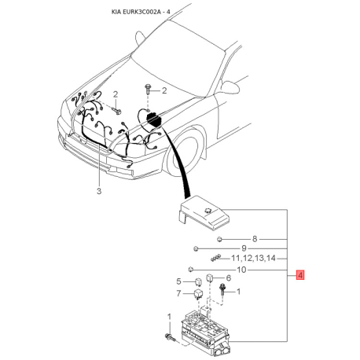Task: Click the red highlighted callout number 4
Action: [x=300, y=275]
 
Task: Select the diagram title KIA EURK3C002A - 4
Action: [x=141, y=12]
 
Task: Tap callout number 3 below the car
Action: [x=99, y=191]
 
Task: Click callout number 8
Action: [x=255, y=239]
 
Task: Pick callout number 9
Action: [x=244, y=248]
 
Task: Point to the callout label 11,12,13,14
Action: [x=253, y=259]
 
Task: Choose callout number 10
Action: [x=241, y=270]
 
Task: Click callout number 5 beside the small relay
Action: [x=178, y=281]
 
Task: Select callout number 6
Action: [x=228, y=277]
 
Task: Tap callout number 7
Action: [x=178, y=293]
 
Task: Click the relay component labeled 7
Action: [x=198, y=295]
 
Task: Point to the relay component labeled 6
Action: [x=210, y=277]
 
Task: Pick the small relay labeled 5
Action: [x=198, y=282]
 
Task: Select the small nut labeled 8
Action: [x=219, y=239]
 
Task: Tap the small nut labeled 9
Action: [x=196, y=248]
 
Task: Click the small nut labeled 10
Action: [x=191, y=269]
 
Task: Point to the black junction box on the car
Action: [x=153, y=119]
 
